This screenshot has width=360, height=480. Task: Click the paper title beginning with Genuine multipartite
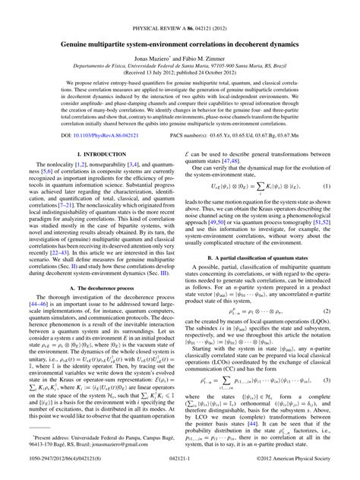point(180,26)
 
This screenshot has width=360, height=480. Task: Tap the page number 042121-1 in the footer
point(180,471)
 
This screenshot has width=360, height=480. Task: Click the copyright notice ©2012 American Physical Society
point(293,471)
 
